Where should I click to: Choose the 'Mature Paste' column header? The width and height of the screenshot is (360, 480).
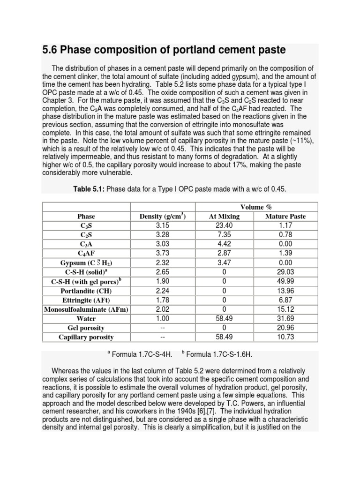[x=285, y=216]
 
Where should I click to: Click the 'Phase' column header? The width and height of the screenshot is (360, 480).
[x=86, y=216]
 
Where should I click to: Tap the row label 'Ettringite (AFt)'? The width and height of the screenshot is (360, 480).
[x=86, y=300]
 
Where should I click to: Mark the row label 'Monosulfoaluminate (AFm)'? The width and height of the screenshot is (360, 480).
[x=86, y=309]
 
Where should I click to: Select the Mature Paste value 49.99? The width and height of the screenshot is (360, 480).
[x=285, y=282]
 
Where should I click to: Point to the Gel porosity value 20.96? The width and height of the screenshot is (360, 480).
[x=285, y=328]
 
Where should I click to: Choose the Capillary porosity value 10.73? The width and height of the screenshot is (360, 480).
[x=285, y=337]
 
